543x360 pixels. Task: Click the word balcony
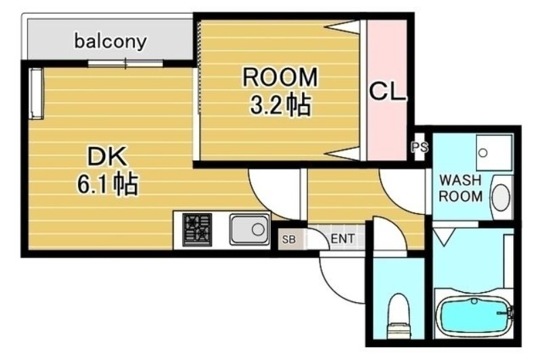coord(111,41)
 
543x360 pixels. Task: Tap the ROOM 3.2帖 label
coord(280,90)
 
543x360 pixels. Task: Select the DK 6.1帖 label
coord(107,170)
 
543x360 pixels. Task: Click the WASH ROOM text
coord(461,189)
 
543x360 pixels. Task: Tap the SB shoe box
coord(288,239)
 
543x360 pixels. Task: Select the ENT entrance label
coord(341,239)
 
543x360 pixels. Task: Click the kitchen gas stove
coord(198,229)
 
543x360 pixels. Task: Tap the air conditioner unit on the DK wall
coord(37,92)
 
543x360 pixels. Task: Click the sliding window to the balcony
coord(126,64)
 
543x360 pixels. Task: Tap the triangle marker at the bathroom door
coord(445,237)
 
